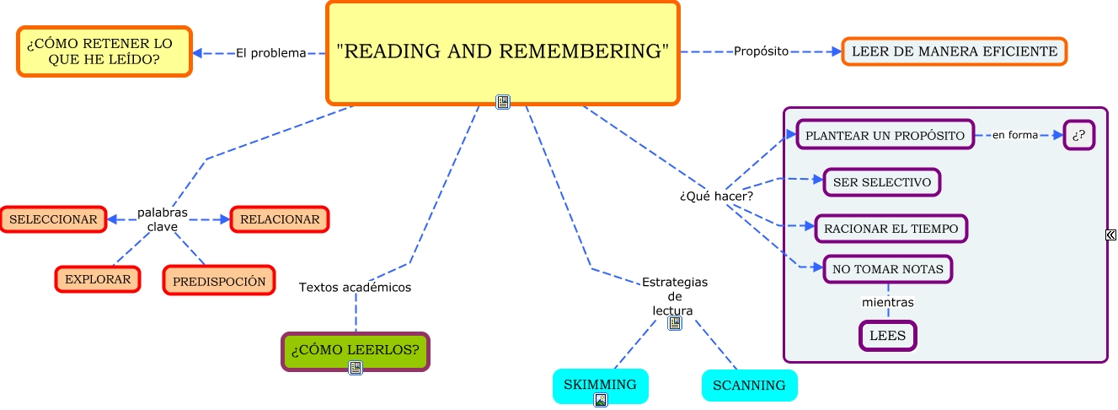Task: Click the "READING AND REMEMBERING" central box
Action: (502, 51)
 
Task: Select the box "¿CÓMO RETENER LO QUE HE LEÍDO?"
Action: (104, 51)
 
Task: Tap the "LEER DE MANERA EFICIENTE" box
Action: (954, 51)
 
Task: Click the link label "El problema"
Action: (270, 53)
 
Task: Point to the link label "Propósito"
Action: (761, 51)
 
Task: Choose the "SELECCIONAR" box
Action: (54, 219)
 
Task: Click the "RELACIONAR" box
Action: (280, 219)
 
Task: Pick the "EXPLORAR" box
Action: (98, 279)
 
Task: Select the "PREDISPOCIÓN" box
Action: (219, 281)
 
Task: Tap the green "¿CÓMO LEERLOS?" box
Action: (355, 349)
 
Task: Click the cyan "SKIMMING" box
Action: (600, 384)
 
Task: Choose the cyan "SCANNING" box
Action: (749, 386)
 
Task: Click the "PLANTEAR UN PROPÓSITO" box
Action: (885, 135)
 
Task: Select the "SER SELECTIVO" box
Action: (881, 181)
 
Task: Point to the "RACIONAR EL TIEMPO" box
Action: (891, 228)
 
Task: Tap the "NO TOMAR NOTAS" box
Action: (888, 269)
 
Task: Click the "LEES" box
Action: (887, 336)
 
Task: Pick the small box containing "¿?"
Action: (1078, 135)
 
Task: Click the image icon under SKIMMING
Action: (600, 400)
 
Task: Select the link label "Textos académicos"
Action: (355, 288)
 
